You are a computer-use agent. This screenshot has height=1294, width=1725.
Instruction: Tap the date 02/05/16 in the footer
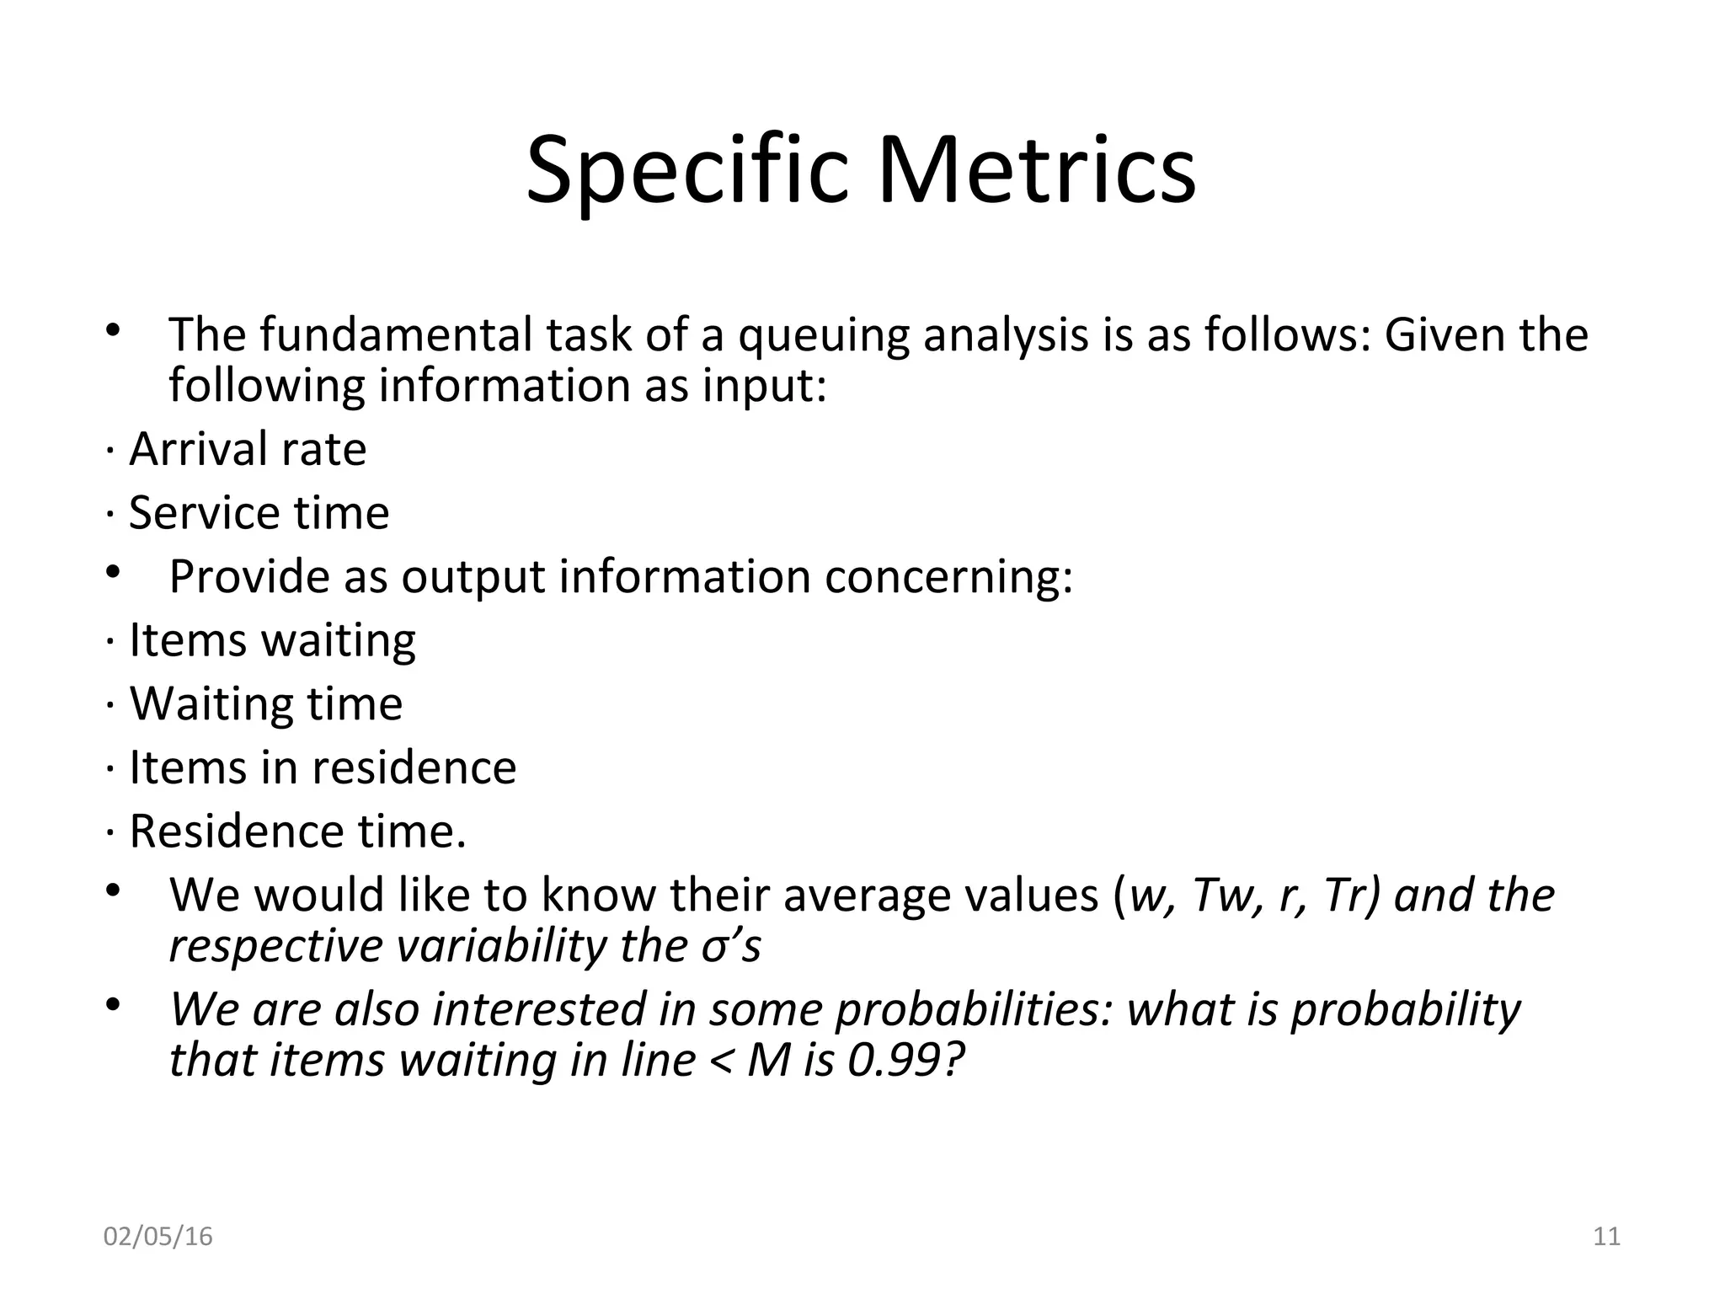158,1237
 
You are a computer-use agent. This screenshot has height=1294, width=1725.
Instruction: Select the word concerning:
948,577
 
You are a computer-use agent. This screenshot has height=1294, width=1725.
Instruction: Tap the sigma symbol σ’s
730,946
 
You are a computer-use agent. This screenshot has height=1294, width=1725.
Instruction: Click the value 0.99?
905,1060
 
